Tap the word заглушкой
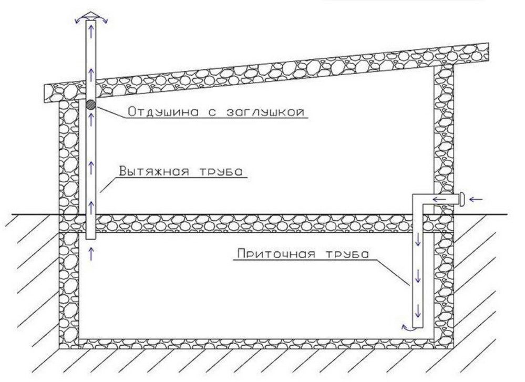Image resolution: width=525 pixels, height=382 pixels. (x=265, y=112)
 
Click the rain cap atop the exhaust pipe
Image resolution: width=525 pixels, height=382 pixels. (x=91, y=16)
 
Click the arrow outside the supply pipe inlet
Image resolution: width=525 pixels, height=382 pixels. (x=477, y=200)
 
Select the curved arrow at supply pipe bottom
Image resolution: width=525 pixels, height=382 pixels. (x=406, y=327)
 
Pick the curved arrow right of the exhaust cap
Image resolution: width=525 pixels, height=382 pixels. (x=103, y=20)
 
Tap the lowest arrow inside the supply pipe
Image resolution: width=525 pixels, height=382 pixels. (x=417, y=312)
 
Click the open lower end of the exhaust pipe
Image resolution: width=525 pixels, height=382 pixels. (x=91, y=239)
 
